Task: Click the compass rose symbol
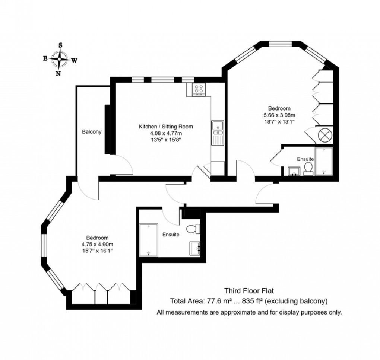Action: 59,59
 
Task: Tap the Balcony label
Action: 92,132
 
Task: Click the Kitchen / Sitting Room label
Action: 166,127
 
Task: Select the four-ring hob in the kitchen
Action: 199,89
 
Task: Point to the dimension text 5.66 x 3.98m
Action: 280,115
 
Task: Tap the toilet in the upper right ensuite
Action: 308,169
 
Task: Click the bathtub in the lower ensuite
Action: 148,240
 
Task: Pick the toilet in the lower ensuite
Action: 193,229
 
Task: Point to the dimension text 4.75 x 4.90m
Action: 97,245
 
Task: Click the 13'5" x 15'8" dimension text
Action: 166,140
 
